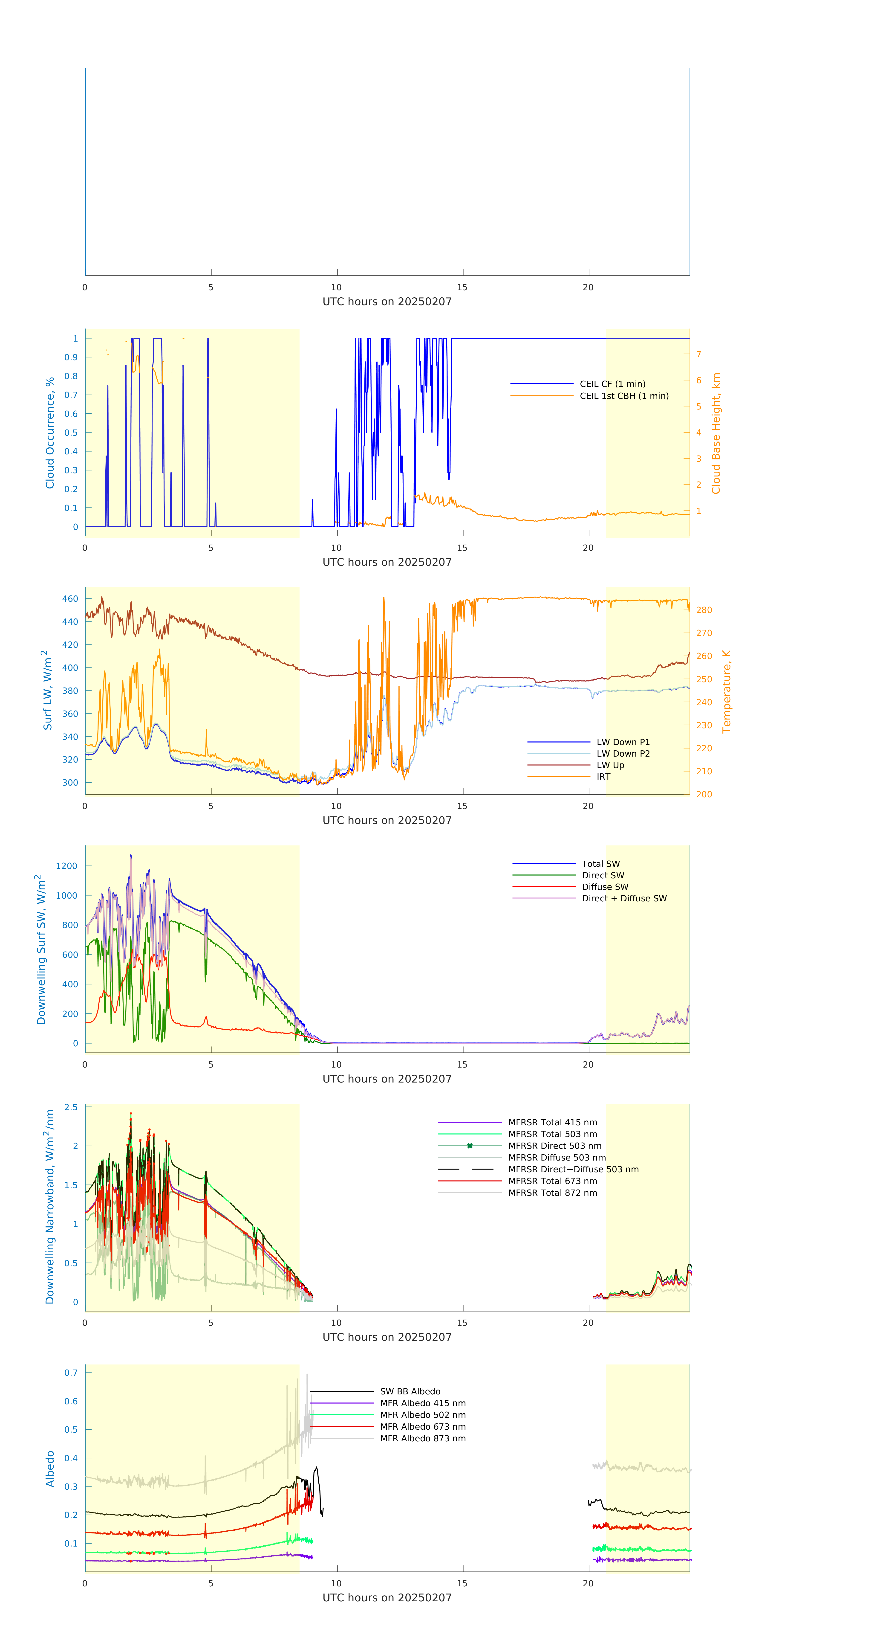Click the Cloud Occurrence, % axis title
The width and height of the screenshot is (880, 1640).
coord(50,433)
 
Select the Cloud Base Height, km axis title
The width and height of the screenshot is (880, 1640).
coord(716,433)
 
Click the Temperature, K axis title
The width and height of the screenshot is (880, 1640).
coord(726,691)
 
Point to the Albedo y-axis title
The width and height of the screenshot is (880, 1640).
coord(50,1469)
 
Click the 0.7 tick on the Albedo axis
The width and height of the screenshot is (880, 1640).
coord(71,1373)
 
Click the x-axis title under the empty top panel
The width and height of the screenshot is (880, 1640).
coord(387,302)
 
